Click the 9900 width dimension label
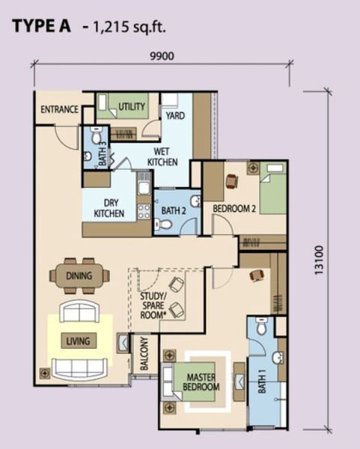(162, 56)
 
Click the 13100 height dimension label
(319, 260)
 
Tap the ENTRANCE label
(59, 109)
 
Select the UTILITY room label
(132, 106)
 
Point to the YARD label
(175, 116)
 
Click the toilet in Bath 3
(96, 135)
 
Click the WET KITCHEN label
(162, 156)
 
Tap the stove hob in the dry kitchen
(144, 211)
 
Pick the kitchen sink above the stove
(143, 187)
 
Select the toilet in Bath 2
(162, 224)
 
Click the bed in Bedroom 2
(272, 188)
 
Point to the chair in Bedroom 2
(232, 181)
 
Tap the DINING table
(79, 275)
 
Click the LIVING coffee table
(79, 341)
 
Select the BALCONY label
(144, 353)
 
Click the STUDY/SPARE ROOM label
(153, 305)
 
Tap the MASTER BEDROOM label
(201, 382)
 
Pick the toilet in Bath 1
(262, 326)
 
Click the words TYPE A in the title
(41, 26)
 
